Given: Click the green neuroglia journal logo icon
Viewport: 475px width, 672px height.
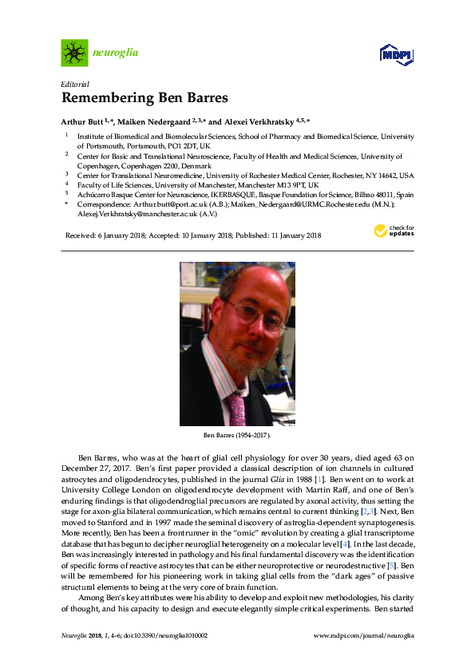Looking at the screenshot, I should click(x=75, y=53).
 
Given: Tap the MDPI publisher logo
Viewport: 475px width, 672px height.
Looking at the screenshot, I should click(x=395, y=54).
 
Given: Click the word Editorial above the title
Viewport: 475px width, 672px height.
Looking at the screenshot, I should click(x=75, y=84).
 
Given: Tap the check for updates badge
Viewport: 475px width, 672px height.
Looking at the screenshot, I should click(x=394, y=231).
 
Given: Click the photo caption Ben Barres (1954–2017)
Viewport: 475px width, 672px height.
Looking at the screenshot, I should click(x=237, y=437).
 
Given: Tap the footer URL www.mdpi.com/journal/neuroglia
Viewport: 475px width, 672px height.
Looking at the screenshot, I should click(x=364, y=635).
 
